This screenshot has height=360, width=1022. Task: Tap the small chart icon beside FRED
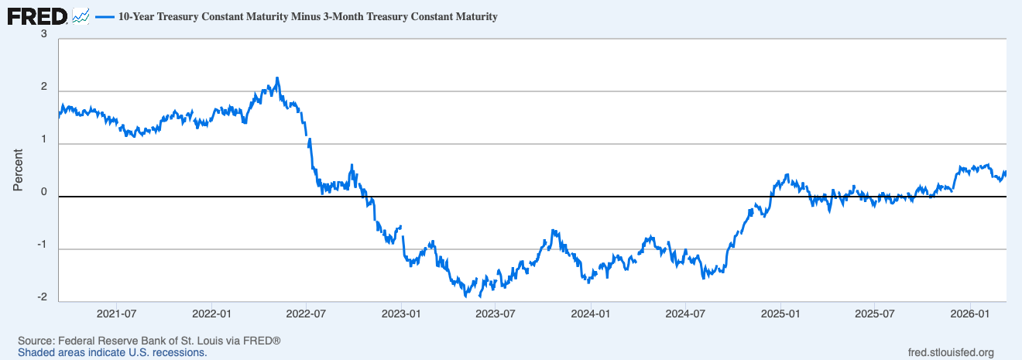[81, 15]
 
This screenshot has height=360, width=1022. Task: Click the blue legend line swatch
[105, 16]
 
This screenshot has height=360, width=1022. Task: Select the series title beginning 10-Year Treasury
[307, 16]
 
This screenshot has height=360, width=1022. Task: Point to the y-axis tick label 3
[44, 34]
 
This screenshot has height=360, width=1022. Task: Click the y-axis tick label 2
[44, 87]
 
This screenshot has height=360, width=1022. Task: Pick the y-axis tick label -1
[42, 245]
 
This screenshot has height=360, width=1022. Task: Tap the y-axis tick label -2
[42, 297]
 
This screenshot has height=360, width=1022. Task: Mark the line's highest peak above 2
[277, 78]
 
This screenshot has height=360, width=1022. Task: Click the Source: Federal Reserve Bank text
[149, 341]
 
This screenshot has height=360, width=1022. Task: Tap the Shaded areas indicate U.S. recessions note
[112, 352]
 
